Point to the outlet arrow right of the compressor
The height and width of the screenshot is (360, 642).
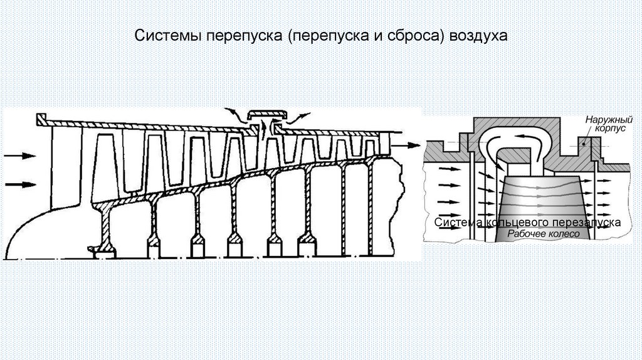(409, 146)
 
